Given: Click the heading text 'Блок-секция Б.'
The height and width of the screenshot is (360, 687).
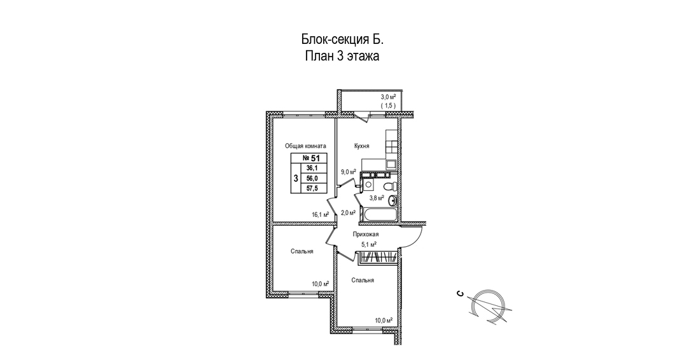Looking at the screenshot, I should (342, 39).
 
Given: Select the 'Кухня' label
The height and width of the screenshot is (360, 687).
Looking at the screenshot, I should (362, 146).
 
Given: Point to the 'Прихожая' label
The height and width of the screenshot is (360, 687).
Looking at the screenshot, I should (366, 234).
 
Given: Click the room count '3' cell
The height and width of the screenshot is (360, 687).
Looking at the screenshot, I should (296, 179).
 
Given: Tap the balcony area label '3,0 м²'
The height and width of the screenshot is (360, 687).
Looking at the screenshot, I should (388, 97).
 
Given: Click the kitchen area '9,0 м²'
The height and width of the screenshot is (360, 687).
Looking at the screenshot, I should (348, 172).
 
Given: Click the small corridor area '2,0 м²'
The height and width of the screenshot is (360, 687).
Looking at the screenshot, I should (348, 212).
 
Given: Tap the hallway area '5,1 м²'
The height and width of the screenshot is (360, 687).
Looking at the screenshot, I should (369, 244).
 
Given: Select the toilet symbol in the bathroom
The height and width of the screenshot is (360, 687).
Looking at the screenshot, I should (394, 186).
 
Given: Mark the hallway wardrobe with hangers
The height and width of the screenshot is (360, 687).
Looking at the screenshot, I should (379, 258).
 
